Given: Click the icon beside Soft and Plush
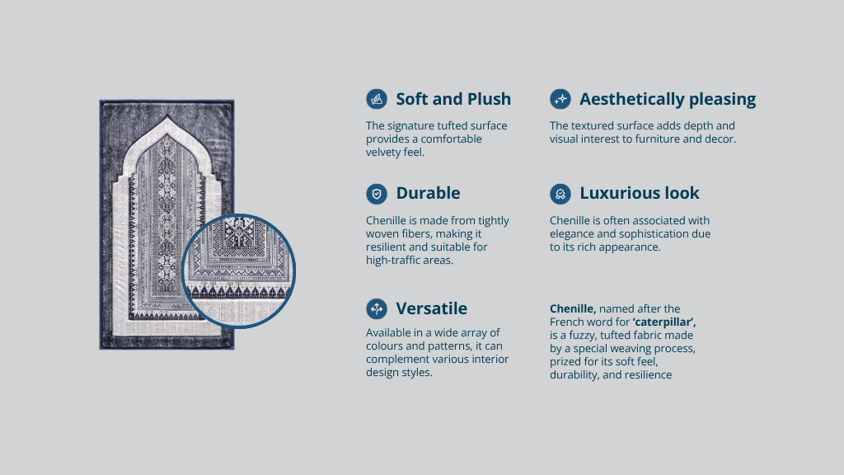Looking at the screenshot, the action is point(377,99).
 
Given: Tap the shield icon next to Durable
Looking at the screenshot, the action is point(377,194).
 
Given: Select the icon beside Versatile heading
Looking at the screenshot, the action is point(377,308).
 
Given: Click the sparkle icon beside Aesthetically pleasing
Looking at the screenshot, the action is point(560,99).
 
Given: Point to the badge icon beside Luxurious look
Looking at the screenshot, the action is point(560,194).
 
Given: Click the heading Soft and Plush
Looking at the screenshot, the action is point(453,99).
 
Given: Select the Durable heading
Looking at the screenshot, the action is point(428,193).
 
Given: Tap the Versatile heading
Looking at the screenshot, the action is point(432,308).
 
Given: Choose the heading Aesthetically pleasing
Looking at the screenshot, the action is point(668,99).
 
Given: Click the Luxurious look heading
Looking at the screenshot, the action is point(640,193).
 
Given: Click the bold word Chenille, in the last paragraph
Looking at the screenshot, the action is point(573,309).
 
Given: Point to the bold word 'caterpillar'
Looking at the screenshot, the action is point(664,322).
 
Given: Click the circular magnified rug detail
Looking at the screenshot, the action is point(239,270).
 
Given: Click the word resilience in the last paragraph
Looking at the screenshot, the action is point(649,375).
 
